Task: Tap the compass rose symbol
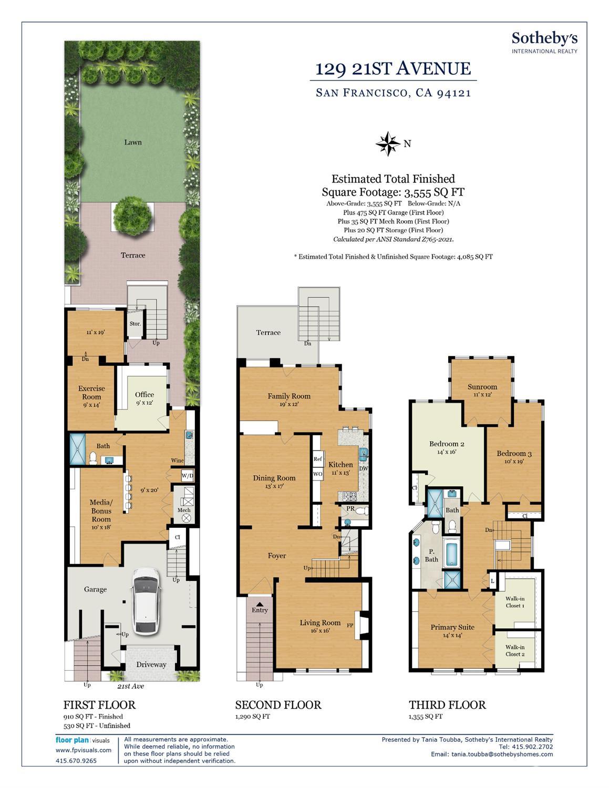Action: [x=388, y=144]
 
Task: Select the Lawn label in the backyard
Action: [x=133, y=142]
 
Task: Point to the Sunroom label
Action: [x=482, y=386]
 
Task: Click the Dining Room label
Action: [x=274, y=478]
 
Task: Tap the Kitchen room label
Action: [x=340, y=465]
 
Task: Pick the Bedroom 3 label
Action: [x=514, y=453]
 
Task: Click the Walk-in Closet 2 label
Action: [x=515, y=650]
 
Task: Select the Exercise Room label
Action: [x=91, y=392]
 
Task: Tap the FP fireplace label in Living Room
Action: [x=350, y=625]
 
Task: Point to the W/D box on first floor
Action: [x=188, y=475]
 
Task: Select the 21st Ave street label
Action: [x=130, y=685]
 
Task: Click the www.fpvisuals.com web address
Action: [x=84, y=750]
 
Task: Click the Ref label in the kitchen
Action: [x=317, y=459]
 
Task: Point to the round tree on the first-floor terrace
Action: [x=132, y=217]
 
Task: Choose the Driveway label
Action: [x=151, y=664]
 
